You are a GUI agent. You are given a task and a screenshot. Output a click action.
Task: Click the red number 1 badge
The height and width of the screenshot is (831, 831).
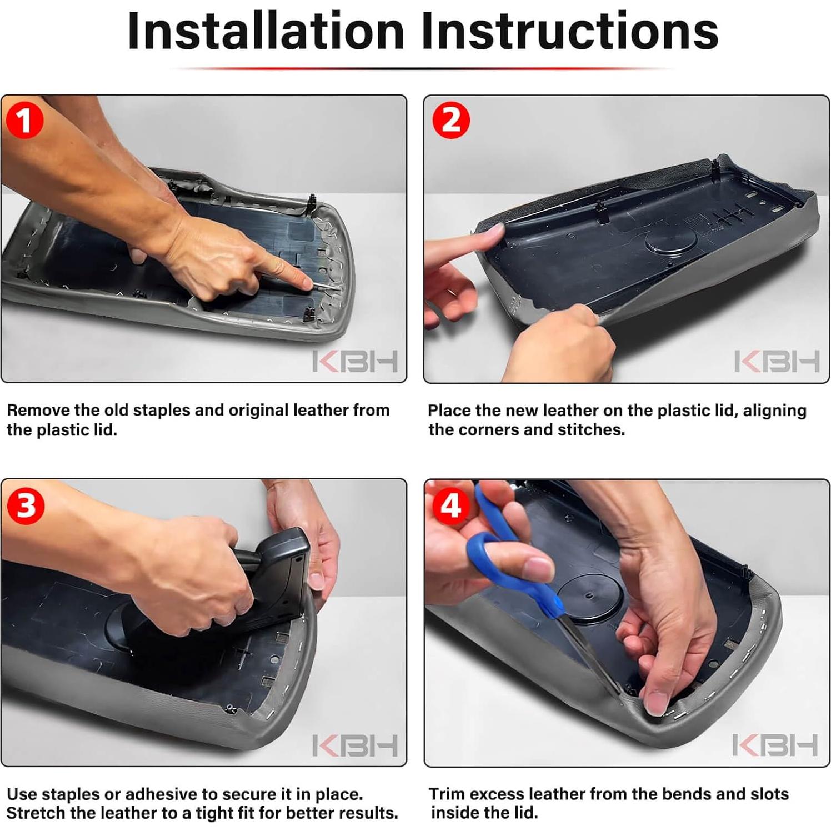(25, 120)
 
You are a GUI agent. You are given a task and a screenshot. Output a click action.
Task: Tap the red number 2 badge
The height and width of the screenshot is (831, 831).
(450, 120)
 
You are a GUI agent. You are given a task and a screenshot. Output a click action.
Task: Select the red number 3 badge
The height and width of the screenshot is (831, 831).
(25, 505)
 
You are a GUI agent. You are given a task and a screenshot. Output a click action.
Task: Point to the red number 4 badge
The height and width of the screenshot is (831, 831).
(450, 505)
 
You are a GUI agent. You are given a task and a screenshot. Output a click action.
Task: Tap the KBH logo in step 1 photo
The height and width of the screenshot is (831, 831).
(355, 361)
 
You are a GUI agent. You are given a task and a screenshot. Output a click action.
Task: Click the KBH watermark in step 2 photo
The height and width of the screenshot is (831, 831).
(777, 361)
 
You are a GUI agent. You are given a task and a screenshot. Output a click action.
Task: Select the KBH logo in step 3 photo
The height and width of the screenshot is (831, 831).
(355, 745)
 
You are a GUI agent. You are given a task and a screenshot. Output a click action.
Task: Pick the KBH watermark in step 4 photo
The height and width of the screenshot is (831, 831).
(775, 745)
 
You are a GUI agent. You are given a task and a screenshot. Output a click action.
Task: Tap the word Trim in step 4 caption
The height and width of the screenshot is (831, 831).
(447, 794)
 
